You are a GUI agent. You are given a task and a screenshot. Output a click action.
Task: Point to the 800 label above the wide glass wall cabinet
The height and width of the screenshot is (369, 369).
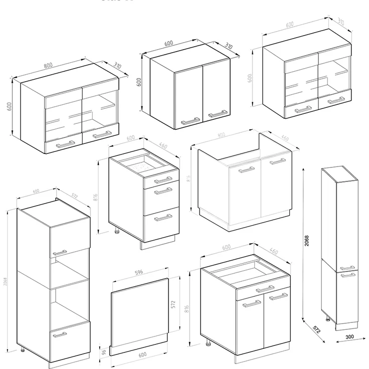tap(49, 65)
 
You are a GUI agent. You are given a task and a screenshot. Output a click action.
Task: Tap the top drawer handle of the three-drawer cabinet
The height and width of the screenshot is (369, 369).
tap(162, 179)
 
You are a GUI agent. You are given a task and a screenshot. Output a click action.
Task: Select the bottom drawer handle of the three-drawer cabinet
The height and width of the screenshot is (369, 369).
tap(162, 217)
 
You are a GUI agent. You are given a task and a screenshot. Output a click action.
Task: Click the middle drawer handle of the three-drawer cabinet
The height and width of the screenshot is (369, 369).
tap(162, 191)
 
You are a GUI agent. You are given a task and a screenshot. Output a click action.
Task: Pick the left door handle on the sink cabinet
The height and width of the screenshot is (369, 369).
tap(247, 170)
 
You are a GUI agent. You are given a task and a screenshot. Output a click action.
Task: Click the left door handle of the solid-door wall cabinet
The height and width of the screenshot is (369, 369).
tap(190, 120)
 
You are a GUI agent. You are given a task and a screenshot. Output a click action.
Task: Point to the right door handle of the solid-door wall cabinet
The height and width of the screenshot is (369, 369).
tap(217, 114)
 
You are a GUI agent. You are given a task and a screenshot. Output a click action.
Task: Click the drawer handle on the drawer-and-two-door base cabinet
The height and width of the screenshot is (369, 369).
tap(265, 288)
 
